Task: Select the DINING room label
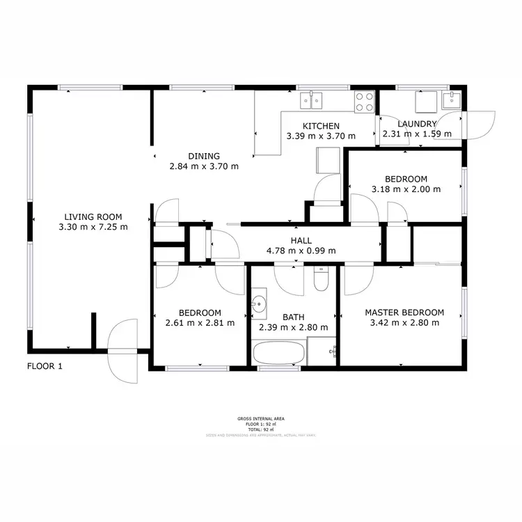tap(204, 156)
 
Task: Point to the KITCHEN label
tap(321, 125)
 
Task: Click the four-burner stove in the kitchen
tap(365, 102)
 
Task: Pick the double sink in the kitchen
tap(313, 102)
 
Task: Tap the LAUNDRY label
tap(417, 124)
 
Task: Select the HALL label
tap(301, 240)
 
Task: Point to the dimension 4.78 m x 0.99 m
tap(302, 251)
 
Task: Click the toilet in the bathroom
tap(321, 280)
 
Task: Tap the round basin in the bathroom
tap(260, 304)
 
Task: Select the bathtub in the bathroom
tap(278, 352)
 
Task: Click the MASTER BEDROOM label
tap(404, 313)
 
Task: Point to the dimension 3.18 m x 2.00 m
tap(406, 189)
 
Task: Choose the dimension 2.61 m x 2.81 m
tap(200, 323)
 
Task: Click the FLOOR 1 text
tap(45, 366)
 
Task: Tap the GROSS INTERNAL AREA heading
tap(260, 419)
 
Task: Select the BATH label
tap(293, 317)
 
